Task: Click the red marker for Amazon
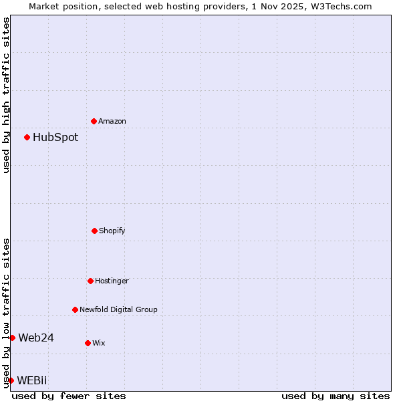coord(94,121)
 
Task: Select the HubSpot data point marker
coord(27,137)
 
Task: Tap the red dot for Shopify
coord(94,231)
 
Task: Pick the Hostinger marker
coord(90,281)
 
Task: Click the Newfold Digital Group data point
coord(75,309)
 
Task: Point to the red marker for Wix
coord(88,343)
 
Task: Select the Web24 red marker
coord(12,338)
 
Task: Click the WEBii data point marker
coord(11,380)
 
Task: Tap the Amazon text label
coord(112,122)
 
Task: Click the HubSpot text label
coord(55,138)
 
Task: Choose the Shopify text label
coord(112,231)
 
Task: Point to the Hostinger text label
coord(112,281)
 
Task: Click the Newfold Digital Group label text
coord(118,310)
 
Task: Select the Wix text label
coord(99,344)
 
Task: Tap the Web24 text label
coord(36,338)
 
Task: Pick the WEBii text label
coord(32,381)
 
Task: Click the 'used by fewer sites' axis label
coord(69,396)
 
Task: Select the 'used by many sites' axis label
coord(336,396)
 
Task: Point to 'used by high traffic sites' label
coord(6,95)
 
